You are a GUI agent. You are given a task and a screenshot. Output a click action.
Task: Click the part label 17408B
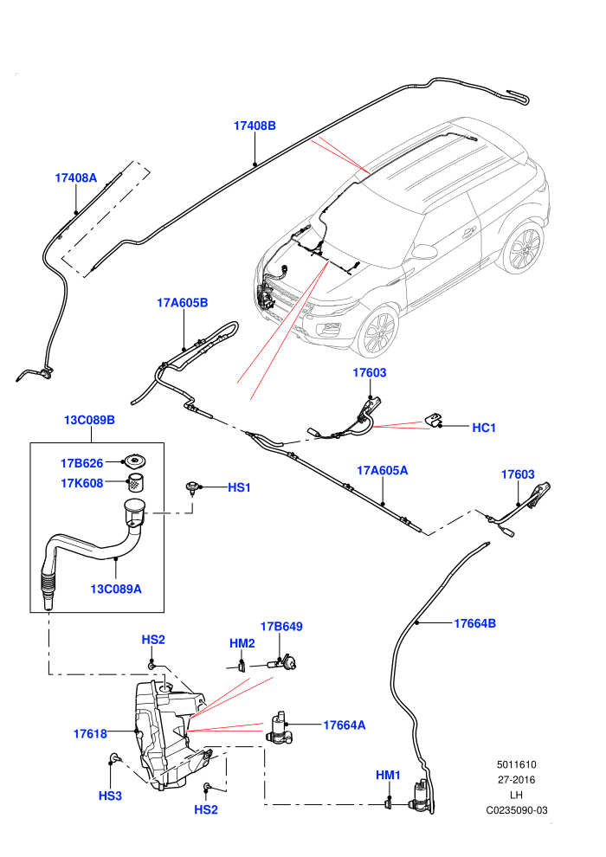tap(255, 126)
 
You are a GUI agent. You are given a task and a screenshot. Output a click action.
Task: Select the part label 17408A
tap(75, 177)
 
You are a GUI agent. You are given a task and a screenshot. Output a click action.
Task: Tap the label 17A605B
tap(183, 303)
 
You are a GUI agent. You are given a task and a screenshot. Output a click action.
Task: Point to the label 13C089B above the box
tap(90, 421)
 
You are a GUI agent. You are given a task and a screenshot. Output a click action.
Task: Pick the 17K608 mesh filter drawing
tap(136, 483)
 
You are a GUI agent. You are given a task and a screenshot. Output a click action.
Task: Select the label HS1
tap(239, 487)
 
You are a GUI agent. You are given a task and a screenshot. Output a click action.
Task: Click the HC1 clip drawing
tap(434, 421)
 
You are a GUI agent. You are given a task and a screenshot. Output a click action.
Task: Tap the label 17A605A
tap(383, 471)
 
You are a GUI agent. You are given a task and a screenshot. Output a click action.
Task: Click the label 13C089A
tap(116, 590)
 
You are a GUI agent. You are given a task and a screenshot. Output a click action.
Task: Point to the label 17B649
tap(281, 627)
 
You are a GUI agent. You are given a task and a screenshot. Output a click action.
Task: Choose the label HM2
tap(242, 644)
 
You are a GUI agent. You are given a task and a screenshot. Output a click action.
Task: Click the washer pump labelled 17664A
tap(280, 729)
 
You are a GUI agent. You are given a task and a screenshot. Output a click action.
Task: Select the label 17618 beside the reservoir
tap(90, 734)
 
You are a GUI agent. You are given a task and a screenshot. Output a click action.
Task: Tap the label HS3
tap(110, 796)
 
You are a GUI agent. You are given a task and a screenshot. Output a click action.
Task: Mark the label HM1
tap(388, 775)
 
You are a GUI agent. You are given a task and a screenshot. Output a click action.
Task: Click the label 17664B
tap(475, 623)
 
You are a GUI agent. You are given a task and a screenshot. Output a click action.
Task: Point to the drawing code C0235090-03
tap(516, 810)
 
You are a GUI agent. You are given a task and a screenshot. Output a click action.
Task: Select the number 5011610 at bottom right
tap(516, 765)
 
